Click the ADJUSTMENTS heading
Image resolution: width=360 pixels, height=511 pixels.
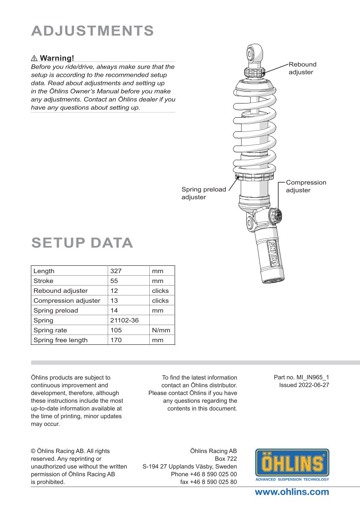92,31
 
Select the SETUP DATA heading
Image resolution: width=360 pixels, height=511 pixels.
82,243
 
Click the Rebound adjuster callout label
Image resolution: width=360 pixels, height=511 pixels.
302,68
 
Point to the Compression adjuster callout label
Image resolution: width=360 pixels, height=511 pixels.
306,186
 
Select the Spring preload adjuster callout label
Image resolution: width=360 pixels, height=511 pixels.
203,193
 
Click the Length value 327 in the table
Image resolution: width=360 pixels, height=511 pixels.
116,271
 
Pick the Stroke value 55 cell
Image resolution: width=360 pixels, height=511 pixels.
114,281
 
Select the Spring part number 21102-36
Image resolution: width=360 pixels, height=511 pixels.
124,320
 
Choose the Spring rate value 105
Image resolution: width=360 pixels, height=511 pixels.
116,330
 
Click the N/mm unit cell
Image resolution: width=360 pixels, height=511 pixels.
161,330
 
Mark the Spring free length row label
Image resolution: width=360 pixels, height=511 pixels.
61,340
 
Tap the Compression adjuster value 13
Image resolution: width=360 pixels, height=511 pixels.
114,301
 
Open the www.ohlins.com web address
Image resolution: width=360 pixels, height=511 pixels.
292,492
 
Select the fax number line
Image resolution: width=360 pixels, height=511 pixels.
208,482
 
